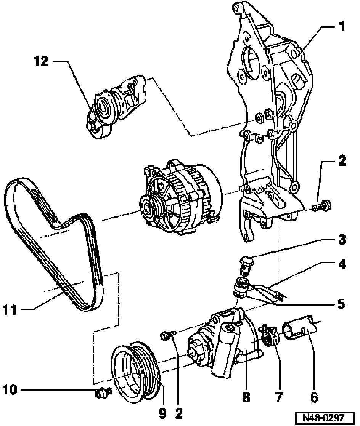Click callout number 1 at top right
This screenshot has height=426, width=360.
pyautogui.click(x=342, y=27)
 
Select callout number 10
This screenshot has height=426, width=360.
pyautogui.click(x=10, y=390)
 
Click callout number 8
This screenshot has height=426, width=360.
pyautogui.click(x=246, y=397)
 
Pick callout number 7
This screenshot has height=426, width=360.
pyautogui.click(x=279, y=397)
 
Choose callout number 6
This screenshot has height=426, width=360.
pyautogui.click(x=313, y=397)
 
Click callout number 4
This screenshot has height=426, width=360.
pyautogui.click(x=342, y=264)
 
